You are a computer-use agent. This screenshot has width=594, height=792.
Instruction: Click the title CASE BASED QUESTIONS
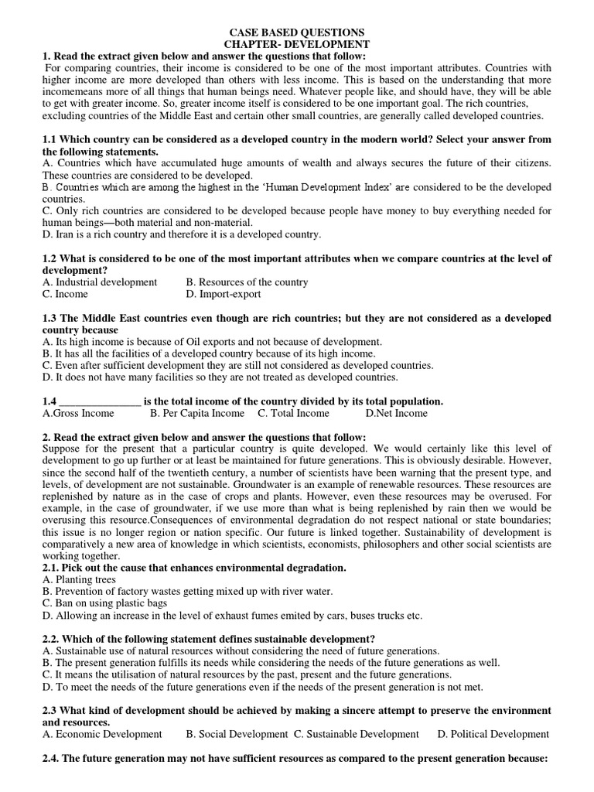click(x=297, y=32)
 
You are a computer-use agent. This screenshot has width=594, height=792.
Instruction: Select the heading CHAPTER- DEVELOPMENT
click(x=297, y=45)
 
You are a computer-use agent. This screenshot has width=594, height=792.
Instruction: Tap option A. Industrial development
click(x=100, y=282)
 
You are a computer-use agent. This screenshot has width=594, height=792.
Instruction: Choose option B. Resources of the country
click(x=247, y=282)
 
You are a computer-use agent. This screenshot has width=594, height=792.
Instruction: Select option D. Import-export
click(x=224, y=294)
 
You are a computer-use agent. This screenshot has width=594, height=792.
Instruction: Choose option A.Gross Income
click(x=78, y=413)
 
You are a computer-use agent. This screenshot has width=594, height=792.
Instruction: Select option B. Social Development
click(x=237, y=734)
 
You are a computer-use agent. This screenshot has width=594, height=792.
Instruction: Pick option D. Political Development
click(x=493, y=734)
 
